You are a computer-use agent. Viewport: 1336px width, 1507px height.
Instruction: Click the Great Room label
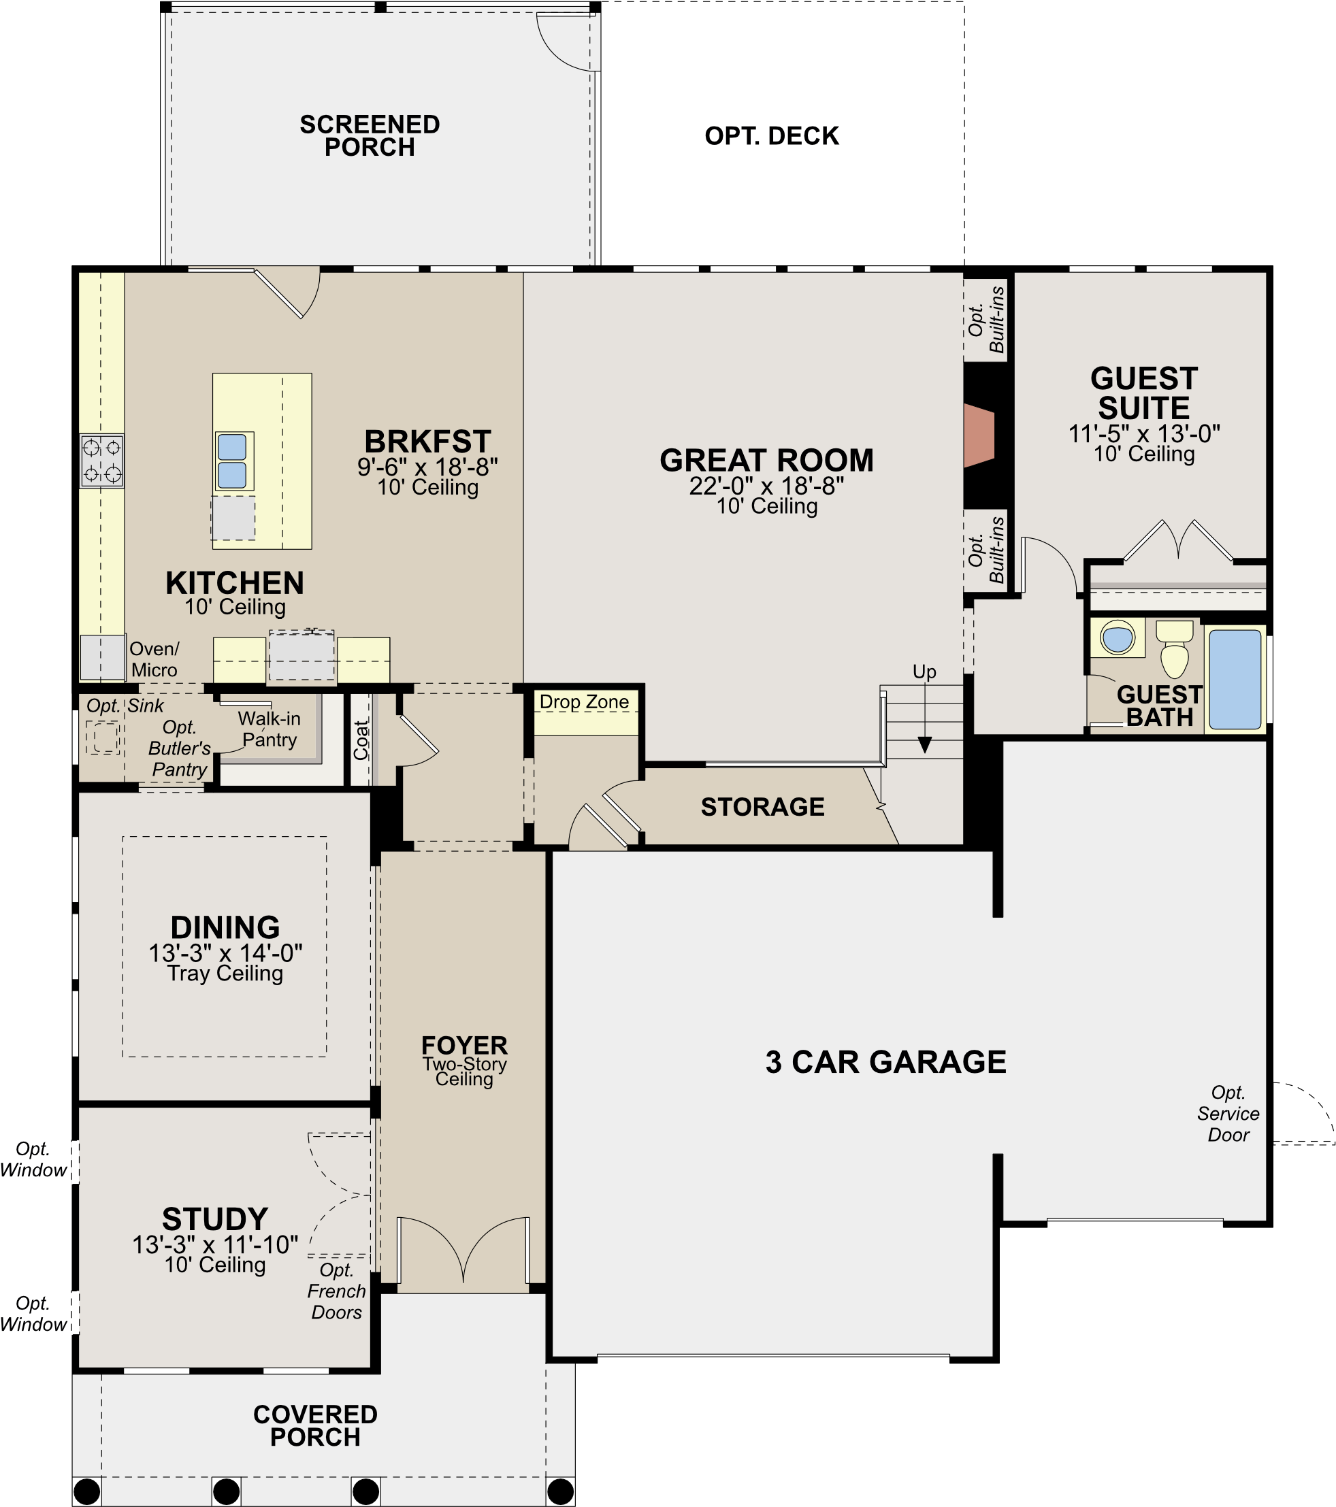(x=766, y=461)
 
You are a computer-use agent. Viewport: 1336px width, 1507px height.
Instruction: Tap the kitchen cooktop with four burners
(x=102, y=461)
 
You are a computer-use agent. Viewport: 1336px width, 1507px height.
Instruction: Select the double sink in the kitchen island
(x=232, y=461)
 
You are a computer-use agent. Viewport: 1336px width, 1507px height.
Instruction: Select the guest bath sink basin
(x=1117, y=637)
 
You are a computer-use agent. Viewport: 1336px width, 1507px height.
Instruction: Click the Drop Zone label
(x=584, y=702)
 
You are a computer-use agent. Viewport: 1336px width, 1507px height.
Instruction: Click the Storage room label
(x=762, y=807)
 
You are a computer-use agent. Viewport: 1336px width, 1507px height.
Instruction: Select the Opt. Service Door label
(x=1228, y=1113)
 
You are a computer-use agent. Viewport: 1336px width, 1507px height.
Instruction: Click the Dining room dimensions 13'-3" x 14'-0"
(x=226, y=953)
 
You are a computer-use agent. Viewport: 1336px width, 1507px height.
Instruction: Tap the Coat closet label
(x=361, y=740)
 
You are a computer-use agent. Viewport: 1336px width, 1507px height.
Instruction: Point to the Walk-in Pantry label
(x=270, y=729)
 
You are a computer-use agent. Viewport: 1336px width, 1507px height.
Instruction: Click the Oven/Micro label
(x=154, y=659)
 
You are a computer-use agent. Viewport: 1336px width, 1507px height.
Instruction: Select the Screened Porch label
(x=370, y=135)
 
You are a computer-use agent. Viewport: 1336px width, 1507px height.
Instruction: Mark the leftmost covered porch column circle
(x=87, y=1491)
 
